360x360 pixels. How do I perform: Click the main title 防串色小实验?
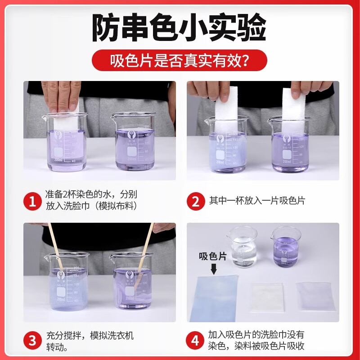click(180, 28)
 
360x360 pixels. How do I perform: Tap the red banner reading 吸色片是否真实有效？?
click(180, 60)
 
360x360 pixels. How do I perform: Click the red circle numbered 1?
click(32, 200)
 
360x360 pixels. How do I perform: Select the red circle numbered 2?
click(195, 200)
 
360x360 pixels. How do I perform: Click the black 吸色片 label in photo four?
click(212, 256)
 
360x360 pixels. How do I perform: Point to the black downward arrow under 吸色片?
click(213, 269)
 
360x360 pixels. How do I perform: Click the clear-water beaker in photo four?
click(243, 247)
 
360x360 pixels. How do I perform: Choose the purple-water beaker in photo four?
click(286, 247)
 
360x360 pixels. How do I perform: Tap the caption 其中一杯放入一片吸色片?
click(256, 200)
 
